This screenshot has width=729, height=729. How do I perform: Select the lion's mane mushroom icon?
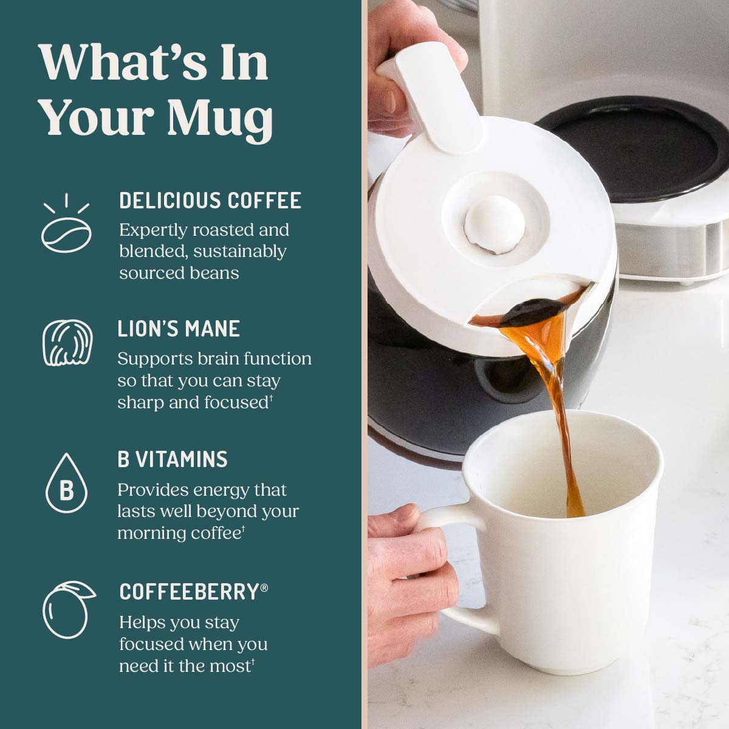67,344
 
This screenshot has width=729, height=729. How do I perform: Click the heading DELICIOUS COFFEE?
210,200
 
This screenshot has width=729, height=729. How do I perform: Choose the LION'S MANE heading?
179,329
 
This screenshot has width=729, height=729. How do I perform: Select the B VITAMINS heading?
173,459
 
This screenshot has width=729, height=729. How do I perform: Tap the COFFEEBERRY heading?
189,592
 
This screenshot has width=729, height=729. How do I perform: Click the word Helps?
143,622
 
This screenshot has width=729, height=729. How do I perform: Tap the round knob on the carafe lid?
490,228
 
